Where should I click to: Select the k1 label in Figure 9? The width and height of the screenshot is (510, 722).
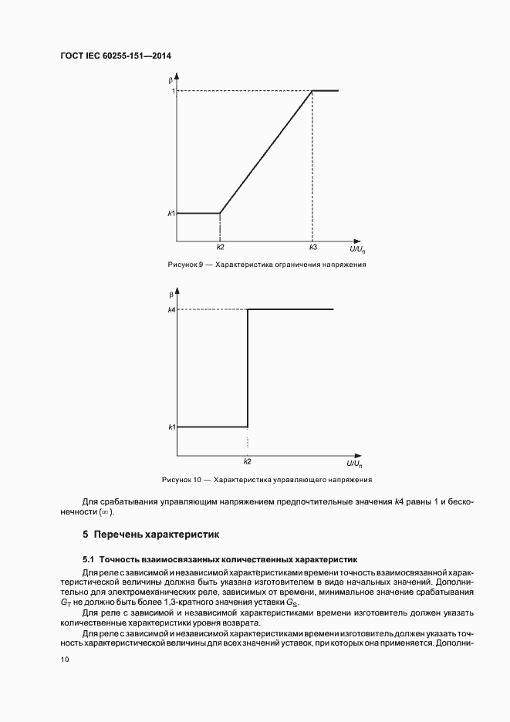coord(171,213)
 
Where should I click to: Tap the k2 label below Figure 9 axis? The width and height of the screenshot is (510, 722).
coord(220,248)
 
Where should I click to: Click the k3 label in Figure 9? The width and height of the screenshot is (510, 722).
coord(312,248)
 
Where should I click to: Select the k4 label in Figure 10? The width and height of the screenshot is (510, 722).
coord(171,309)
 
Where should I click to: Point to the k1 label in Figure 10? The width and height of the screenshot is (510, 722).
coord(171,427)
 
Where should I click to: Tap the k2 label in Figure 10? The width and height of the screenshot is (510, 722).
coord(247,461)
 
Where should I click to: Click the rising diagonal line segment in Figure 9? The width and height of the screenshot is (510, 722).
coord(266,152)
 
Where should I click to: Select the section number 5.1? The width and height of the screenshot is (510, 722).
coord(88,558)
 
